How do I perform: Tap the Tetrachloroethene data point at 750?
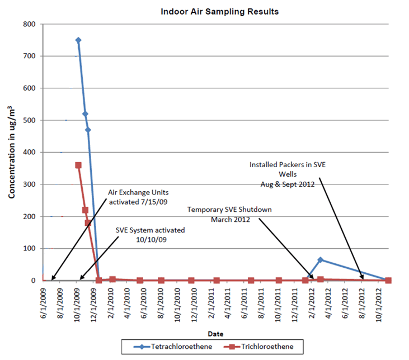pyautogui.click(x=78, y=40)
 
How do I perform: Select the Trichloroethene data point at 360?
pyautogui.click(x=78, y=165)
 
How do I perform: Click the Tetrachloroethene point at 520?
pyautogui.click(x=85, y=114)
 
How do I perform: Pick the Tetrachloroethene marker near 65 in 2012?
pyautogui.click(x=321, y=260)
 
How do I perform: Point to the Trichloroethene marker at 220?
pyautogui.click(x=85, y=210)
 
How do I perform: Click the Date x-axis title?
pyautogui.click(x=215, y=333)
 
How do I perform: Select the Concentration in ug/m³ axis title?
pyautogui.click(x=12, y=153)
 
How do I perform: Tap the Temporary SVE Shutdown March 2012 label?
pyautogui.click(x=229, y=215)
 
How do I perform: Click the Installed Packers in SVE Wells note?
pyautogui.click(x=288, y=174)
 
